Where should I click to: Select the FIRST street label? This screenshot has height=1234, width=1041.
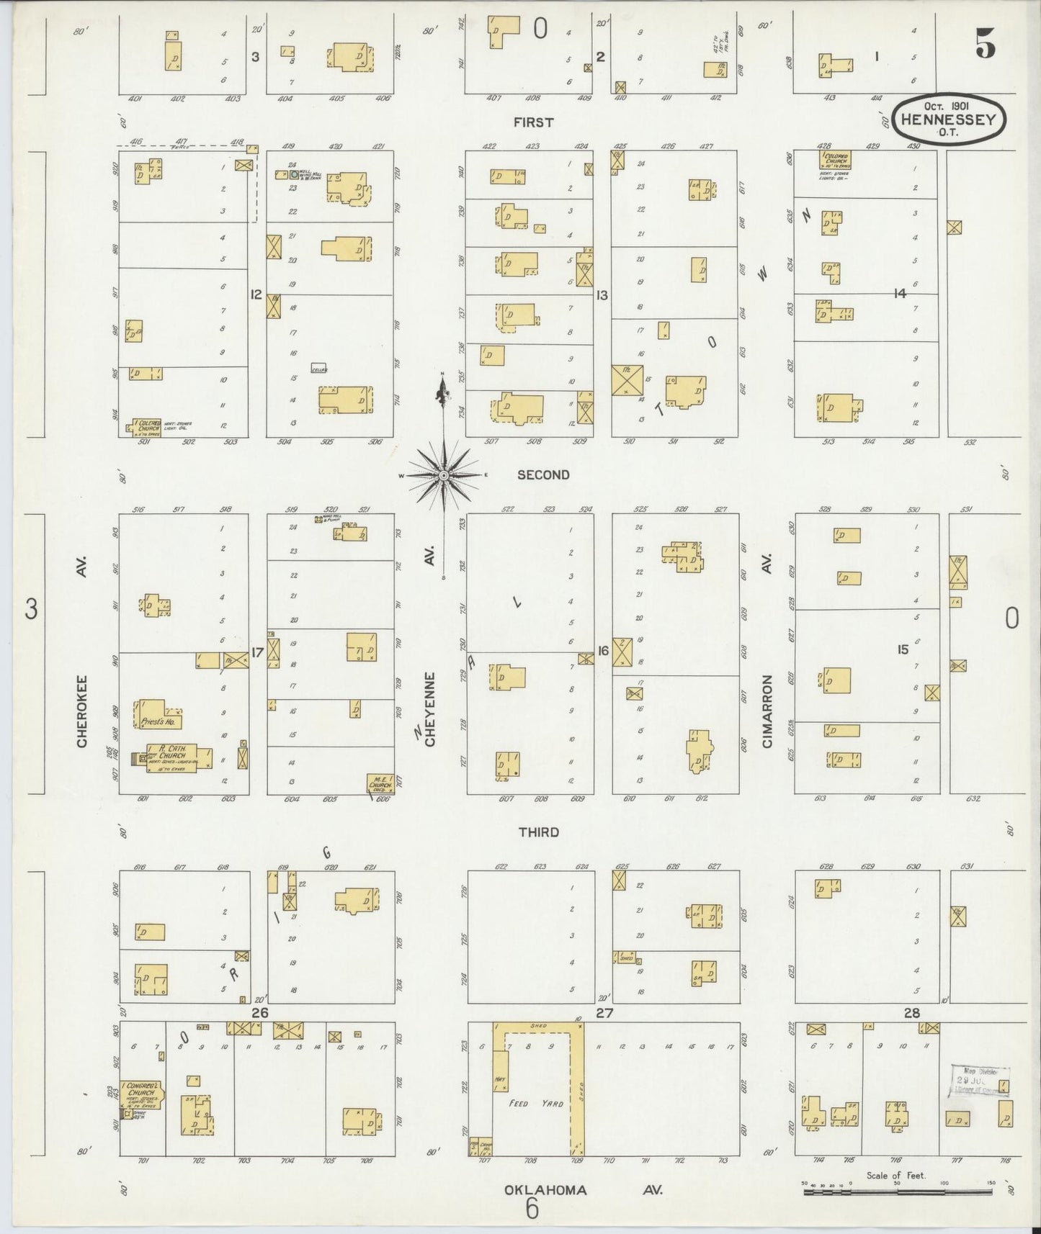533,122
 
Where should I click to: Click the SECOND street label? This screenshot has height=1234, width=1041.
543,474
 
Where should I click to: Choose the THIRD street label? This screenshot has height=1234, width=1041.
539,832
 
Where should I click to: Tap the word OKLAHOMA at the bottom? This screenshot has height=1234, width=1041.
545,1189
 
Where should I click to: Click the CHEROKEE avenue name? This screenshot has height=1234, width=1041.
81,710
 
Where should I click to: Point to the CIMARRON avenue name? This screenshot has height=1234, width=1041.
767,710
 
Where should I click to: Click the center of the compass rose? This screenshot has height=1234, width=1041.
444,475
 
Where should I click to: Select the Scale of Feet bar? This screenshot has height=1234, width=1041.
897,1192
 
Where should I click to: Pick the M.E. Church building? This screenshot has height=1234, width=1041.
380,784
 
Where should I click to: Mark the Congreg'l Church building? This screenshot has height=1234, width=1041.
141,1094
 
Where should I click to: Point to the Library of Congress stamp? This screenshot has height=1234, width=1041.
979,1081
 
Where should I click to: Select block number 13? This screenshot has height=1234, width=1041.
602,294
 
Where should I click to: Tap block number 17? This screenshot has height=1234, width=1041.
257,652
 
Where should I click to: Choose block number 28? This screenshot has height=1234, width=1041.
912,1013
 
